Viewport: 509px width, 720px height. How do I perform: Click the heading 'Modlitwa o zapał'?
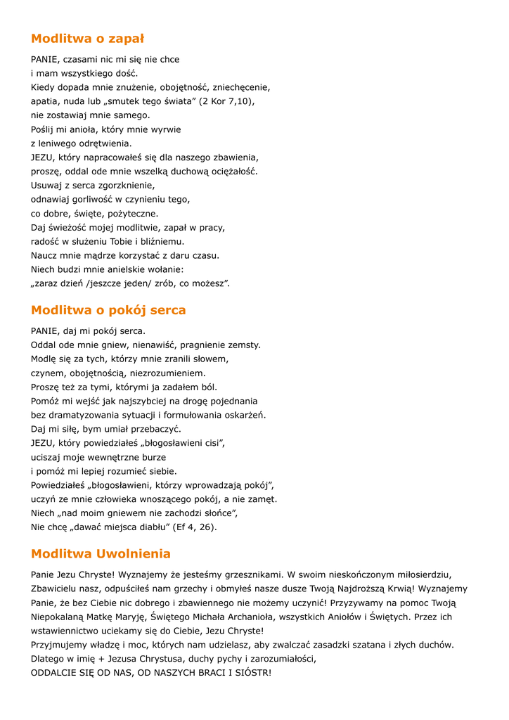(x=87, y=39)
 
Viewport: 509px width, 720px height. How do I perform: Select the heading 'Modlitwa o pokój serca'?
(x=108, y=310)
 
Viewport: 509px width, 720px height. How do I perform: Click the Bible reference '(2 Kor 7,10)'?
(x=226, y=101)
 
